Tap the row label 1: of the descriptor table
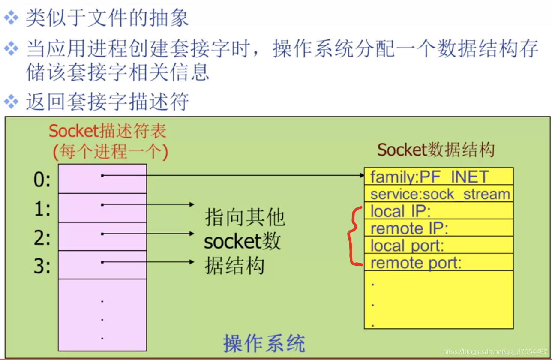(x=42, y=209)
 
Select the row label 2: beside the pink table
(x=42, y=238)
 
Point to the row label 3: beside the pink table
(x=42, y=266)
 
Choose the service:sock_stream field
(x=440, y=194)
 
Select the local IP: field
(x=400, y=211)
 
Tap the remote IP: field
(x=409, y=228)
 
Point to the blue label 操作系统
(x=264, y=343)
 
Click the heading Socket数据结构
(x=436, y=150)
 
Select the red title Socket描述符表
(x=108, y=132)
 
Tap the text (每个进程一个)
(x=110, y=151)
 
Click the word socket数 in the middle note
(x=242, y=242)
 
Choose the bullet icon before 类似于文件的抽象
(x=11, y=18)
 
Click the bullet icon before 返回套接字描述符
(x=11, y=102)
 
